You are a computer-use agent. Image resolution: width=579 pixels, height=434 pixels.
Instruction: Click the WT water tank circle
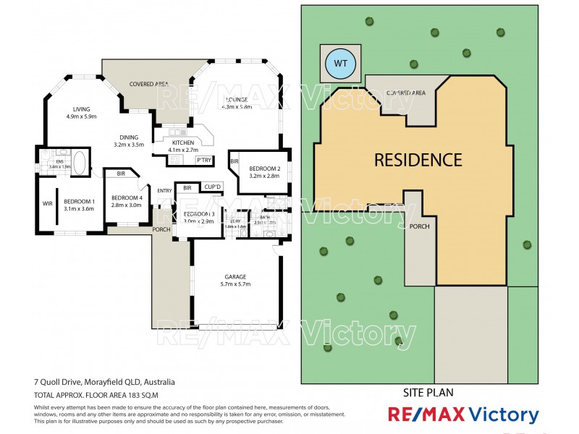pyautogui.click(x=341, y=64)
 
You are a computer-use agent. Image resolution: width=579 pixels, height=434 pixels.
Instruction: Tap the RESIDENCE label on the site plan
pyautogui.click(x=418, y=160)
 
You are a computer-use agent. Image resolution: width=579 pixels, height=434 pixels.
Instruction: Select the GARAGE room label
pyautogui.click(x=235, y=277)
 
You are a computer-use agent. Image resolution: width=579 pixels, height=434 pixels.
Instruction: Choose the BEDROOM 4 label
pyautogui.click(x=127, y=197)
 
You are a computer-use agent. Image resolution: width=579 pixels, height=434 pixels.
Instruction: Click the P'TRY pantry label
pyautogui.click(x=203, y=160)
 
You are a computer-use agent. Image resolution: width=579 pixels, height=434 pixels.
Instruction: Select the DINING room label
pyautogui.click(x=130, y=137)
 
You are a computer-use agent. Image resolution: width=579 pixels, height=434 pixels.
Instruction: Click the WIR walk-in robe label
pyautogui.click(x=48, y=203)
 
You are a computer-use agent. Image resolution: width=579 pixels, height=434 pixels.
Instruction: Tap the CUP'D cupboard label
pyautogui.click(x=212, y=186)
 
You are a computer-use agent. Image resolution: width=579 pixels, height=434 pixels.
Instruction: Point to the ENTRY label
pyautogui.click(x=165, y=191)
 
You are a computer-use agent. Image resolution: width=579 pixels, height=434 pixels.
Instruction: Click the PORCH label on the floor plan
pyautogui.click(x=161, y=230)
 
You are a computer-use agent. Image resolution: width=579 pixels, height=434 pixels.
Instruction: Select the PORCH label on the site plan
pyautogui.click(x=419, y=226)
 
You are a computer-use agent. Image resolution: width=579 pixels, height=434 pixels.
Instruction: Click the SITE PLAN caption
pyautogui.click(x=427, y=393)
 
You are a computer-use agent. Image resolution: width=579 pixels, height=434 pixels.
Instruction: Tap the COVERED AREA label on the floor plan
pyautogui.click(x=149, y=85)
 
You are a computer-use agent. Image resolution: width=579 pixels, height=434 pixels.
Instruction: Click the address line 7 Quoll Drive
pyautogui.click(x=105, y=382)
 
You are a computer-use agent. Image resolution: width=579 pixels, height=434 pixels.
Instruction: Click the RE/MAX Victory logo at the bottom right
pyautogui.click(x=463, y=415)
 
